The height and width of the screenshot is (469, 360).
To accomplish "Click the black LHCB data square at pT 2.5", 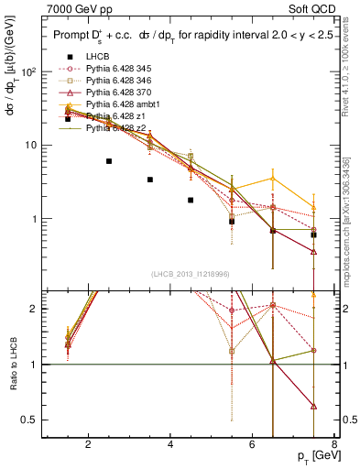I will pos(109,161).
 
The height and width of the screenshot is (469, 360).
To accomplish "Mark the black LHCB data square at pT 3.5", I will pos(150,180).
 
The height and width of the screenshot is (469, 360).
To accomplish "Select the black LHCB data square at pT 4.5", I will pos(191,200).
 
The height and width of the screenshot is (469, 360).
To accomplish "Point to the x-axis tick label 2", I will pos(88,446).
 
